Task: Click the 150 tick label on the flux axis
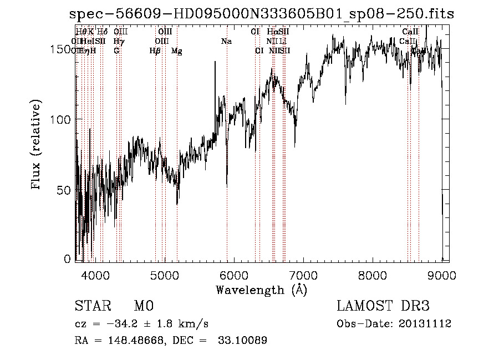pyautogui.click(x=60, y=49)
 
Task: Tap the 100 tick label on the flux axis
pyautogui.click(x=60, y=120)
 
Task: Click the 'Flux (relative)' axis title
pyautogui.click(x=37, y=146)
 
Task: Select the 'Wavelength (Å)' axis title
pyautogui.click(x=261, y=290)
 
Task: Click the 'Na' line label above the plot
pyautogui.click(x=226, y=42)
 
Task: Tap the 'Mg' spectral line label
pyautogui.click(x=176, y=51)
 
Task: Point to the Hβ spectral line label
pyautogui.click(x=155, y=51)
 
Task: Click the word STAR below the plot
pyautogui.click(x=93, y=306)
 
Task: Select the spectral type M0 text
pyautogui.click(x=143, y=306)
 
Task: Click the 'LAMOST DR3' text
pyautogui.click(x=383, y=306)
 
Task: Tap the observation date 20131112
pyautogui.click(x=427, y=324)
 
